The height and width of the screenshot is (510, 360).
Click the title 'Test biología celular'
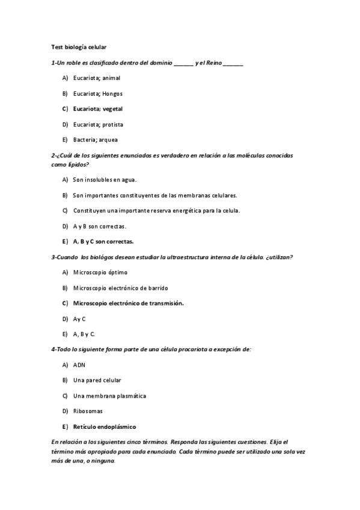pos(79,46)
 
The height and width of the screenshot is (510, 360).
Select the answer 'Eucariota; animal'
pos(96,78)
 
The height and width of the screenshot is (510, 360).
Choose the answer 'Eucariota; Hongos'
pos(97,94)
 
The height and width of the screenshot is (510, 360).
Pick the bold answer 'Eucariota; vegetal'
pos(97,109)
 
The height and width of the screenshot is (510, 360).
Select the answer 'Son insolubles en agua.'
pos(105,179)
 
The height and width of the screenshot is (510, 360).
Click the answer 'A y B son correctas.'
pos(99,226)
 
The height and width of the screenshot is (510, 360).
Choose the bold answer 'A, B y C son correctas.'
pos(103,241)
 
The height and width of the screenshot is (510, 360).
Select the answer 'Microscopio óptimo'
pos(100,272)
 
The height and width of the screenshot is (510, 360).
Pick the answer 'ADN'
pos(79,364)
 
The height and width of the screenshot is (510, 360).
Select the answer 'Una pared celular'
pos(97,380)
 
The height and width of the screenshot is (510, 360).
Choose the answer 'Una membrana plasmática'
pos(109,396)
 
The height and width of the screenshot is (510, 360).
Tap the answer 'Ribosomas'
pos(88,411)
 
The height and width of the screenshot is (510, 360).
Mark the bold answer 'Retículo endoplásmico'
pos(104,427)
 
